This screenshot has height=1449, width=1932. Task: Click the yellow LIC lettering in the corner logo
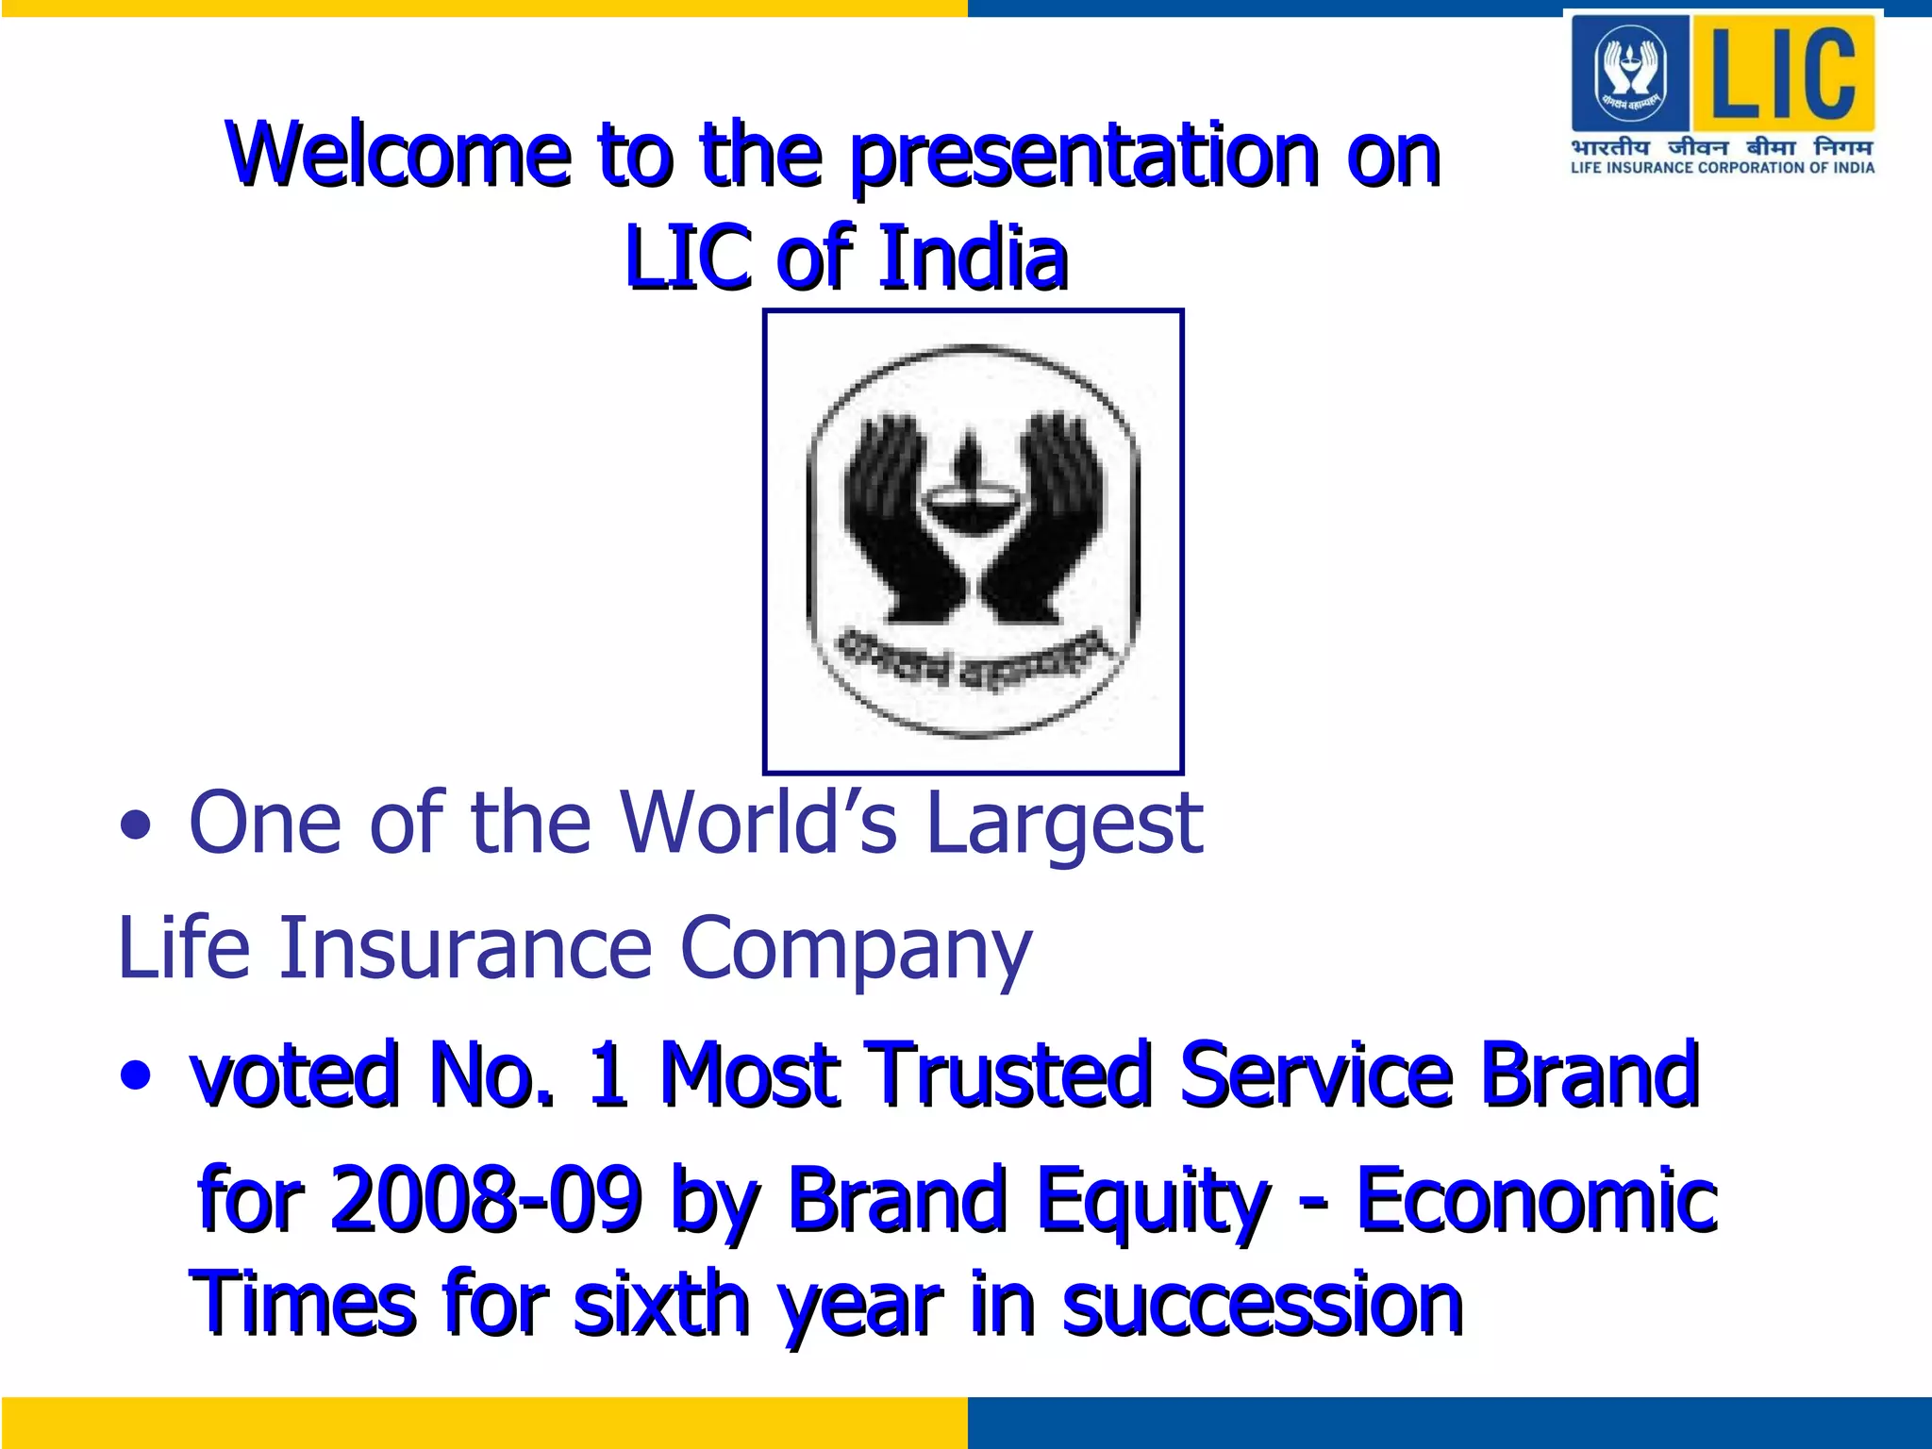(1782, 74)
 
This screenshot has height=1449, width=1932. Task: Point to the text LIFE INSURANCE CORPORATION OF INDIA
(1723, 168)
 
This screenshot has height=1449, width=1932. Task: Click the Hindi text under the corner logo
(1723, 147)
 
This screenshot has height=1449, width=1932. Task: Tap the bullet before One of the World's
(136, 825)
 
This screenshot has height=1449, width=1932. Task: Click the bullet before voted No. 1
(136, 1074)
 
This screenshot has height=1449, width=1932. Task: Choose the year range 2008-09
(487, 1199)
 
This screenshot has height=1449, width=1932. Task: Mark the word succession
(1261, 1307)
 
